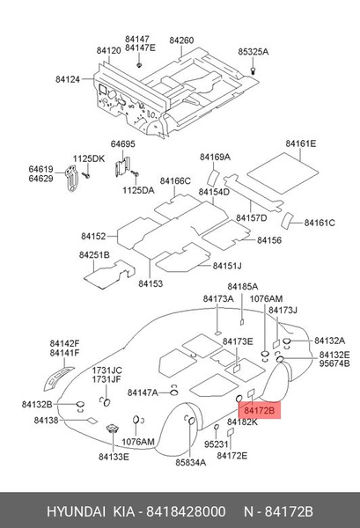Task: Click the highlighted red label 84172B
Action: click(260, 410)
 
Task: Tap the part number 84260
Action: click(181, 40)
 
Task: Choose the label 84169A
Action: click(215, 157)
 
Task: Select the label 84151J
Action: click(226, 266)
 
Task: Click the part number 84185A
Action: click(242, 287)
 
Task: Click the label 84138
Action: click(46, 422)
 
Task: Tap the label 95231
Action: click(216, 444)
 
